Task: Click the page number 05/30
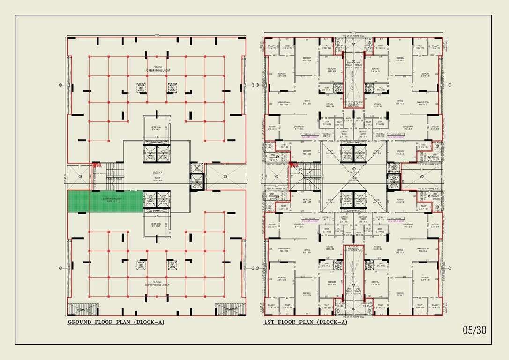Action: (x=474, y=330)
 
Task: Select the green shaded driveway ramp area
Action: (x=105, y=201)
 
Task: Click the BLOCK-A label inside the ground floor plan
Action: (x=157, y=172)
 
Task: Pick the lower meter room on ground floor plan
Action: (x=157, y=225)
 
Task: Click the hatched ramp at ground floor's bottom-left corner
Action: (x=83, y=309)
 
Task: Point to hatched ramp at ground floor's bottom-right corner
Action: (x=230, y=309)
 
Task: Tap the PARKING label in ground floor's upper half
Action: (x=157, y=69)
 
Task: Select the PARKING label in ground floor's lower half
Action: (x=157, y=283)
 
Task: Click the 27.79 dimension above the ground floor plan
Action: (x=157, y=35)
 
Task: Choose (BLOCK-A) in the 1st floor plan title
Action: (x=332, y=322)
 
